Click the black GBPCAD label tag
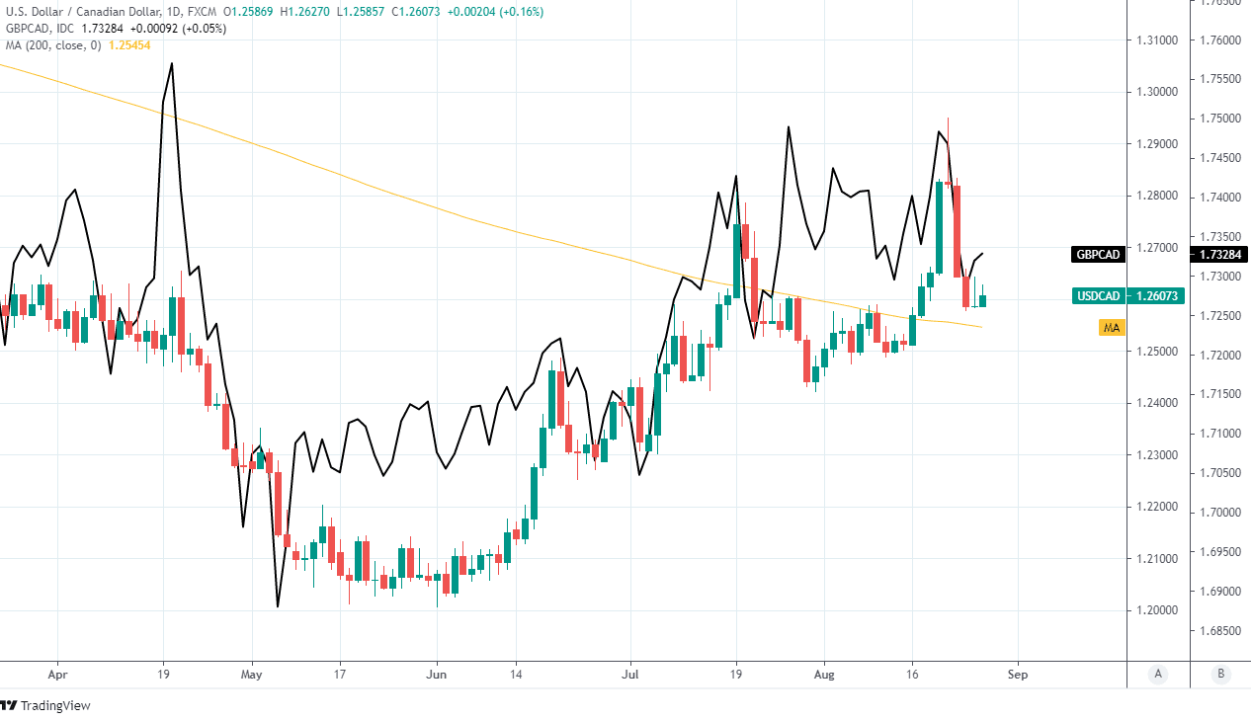click(1098, 255)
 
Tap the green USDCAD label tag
click(1098, 295)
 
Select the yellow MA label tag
click(1112, 327)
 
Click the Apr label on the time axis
click(57, 675)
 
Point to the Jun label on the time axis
click(436, 675)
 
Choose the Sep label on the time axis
click(1018, 675)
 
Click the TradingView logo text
click(55, 705)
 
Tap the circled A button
click(1158, 675)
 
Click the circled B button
click(1221, 675)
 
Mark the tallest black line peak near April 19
click(172, 63)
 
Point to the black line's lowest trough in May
click(278, 606)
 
